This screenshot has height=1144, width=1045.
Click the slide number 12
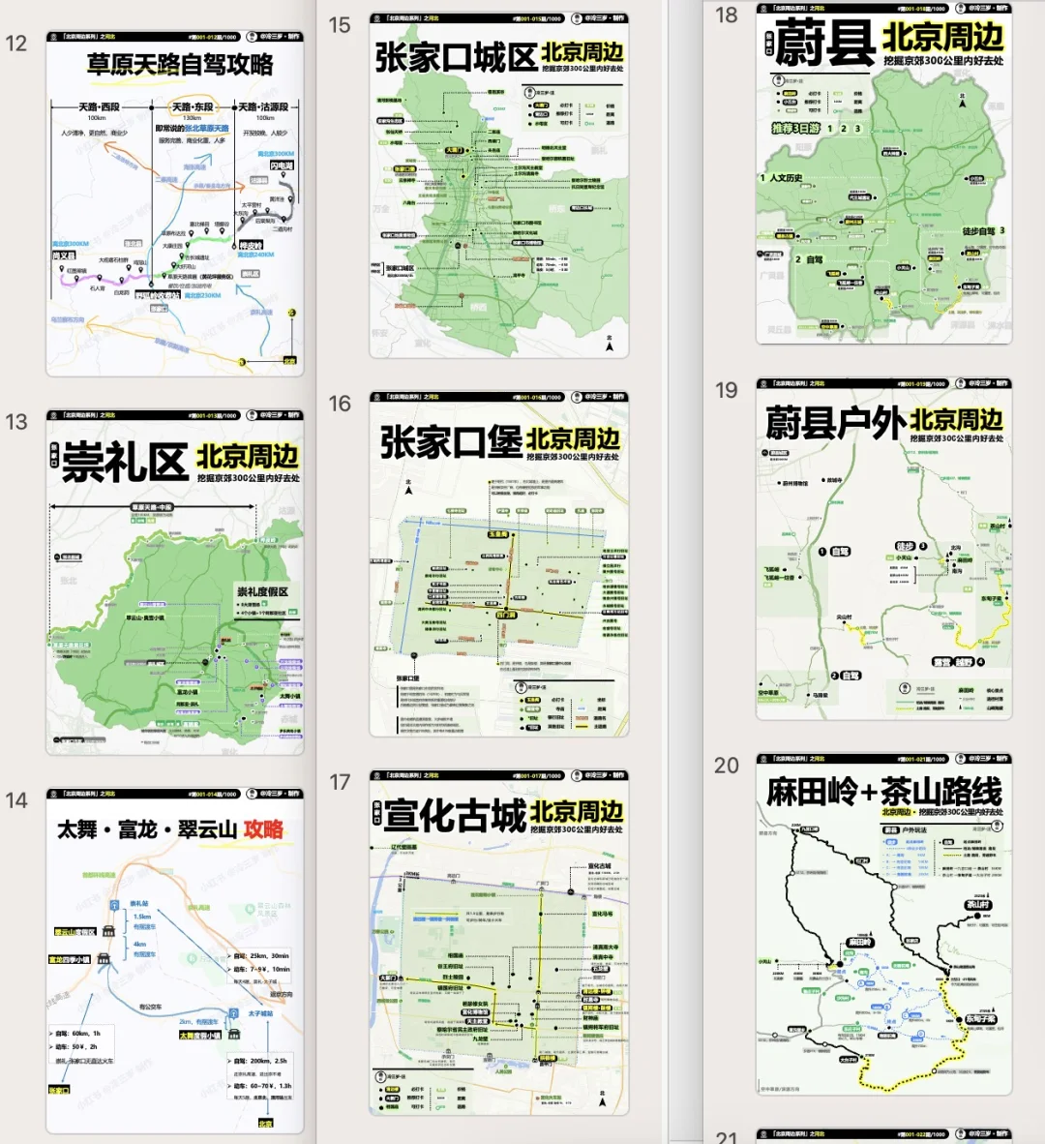point(16,44)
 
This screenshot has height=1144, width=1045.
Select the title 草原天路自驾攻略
point(180,65)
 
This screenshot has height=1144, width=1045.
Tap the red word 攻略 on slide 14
point(263,829)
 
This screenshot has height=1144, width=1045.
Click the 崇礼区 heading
point(125,463)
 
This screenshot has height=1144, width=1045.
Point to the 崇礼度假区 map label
point(262,591)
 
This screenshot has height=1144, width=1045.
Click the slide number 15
point(340,25)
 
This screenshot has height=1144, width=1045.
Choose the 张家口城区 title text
point(456,58)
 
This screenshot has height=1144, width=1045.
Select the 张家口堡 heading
point(451,442)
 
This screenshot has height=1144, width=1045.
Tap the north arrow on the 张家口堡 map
point(409,488)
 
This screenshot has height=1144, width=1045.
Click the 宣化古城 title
point(454,815)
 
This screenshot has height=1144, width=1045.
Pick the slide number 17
point(340,782)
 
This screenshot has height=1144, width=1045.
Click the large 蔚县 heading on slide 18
point(825,44)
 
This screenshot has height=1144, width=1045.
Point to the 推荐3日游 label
point(795,128)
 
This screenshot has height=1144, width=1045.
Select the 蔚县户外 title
point(835,423)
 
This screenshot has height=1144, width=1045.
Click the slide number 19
point(727,390)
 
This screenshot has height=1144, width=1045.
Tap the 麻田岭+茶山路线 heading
point(883,792)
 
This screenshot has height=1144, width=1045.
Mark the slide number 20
point(727,766)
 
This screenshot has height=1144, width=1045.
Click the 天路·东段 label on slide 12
point(193,107)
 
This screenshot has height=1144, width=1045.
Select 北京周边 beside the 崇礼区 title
point(248,456)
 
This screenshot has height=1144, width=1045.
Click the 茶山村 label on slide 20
point(978,905)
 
